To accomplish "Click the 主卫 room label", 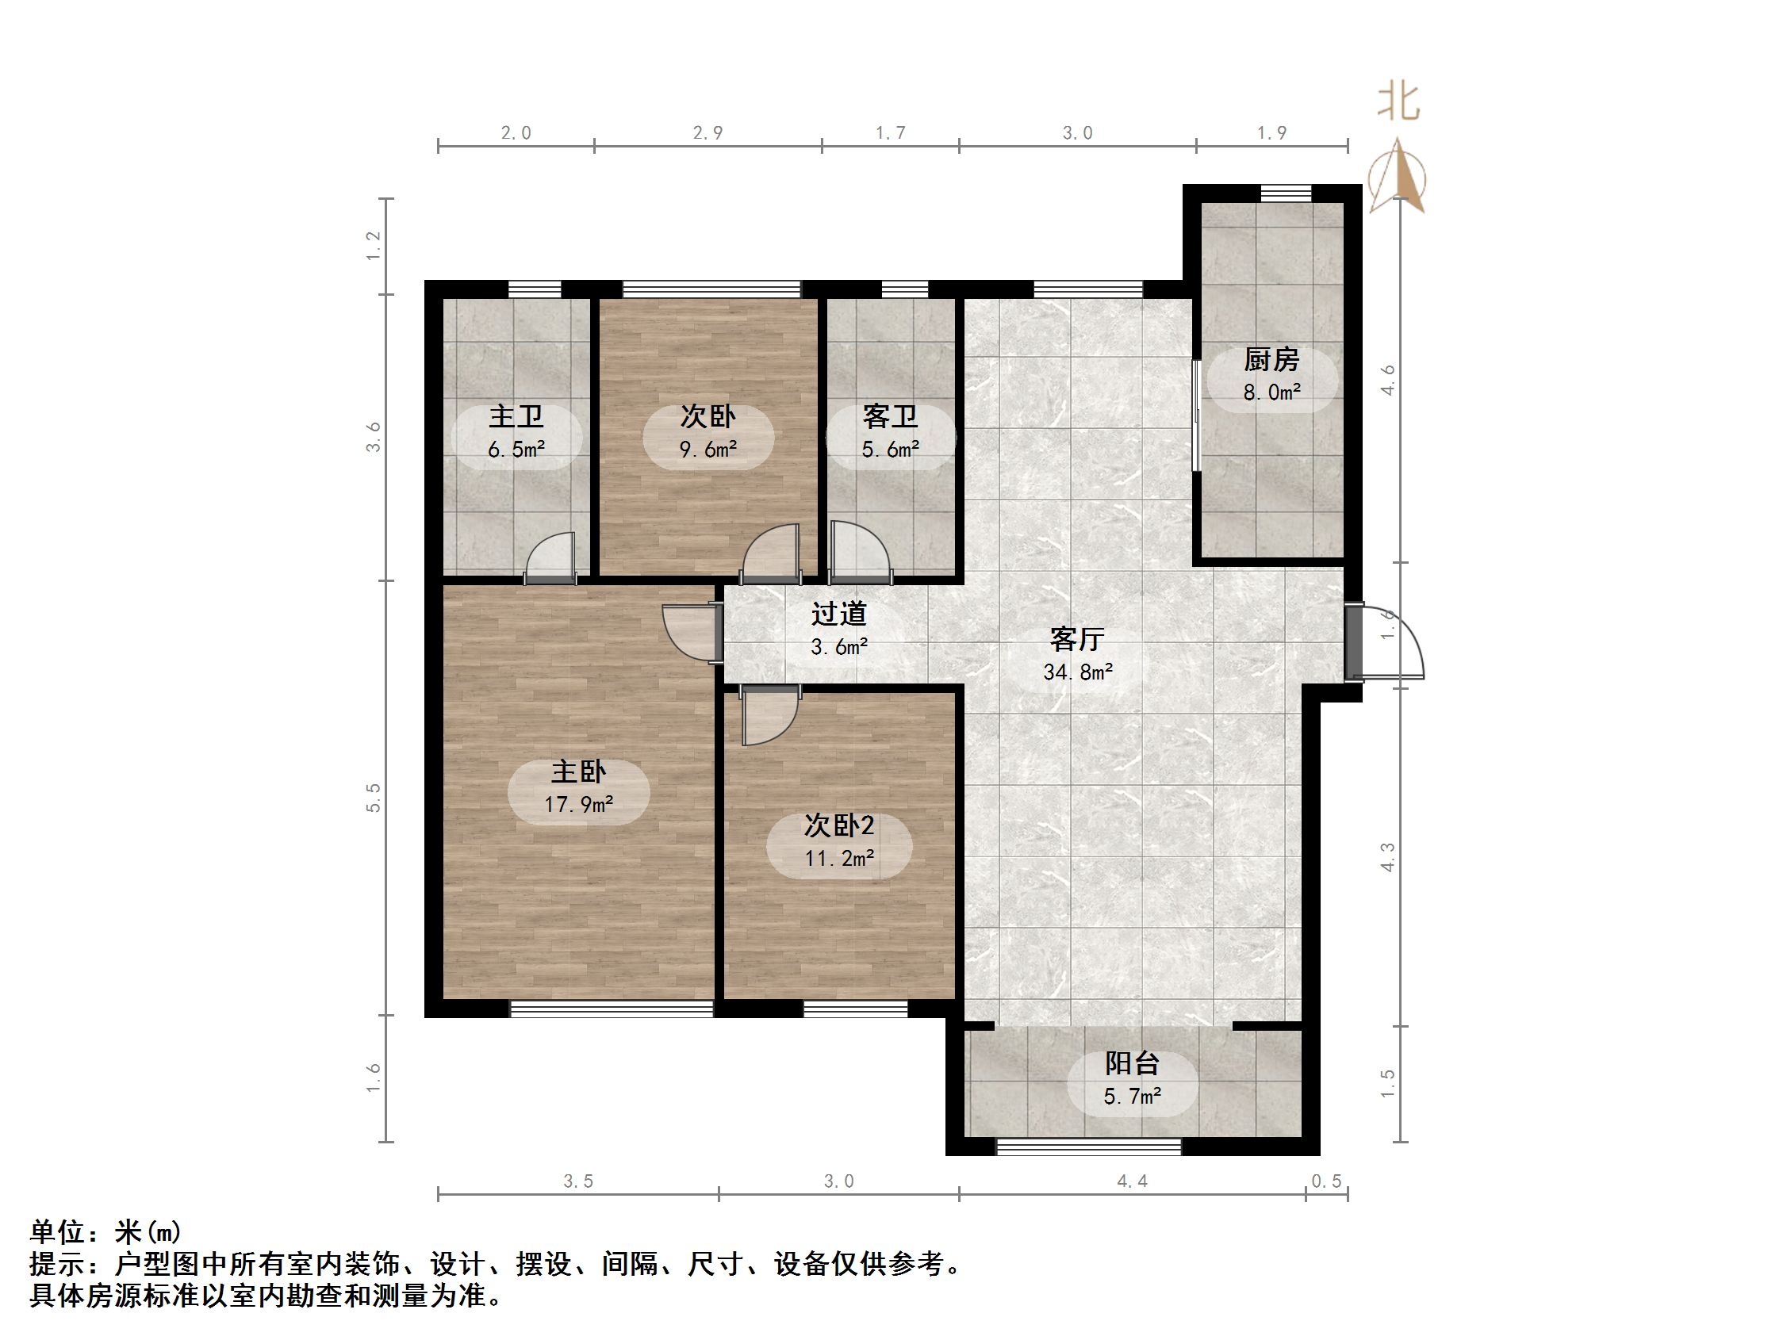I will click(x=516, y=418).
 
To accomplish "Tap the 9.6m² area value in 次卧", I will click(x=708, y=450).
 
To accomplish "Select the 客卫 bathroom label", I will click(x=890, y=418).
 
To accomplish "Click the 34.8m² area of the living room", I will click(x=1078, y=673).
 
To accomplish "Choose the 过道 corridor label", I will click(x=838, y=614).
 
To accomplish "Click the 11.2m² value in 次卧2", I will click(x=838, y=859).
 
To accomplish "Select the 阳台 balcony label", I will click(x=1132, y=1064).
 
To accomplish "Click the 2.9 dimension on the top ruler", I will click(x=708, y=133).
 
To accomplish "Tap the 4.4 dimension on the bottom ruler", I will click(x=1132, y=1181).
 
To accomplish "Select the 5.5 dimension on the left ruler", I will click(x=374, y=797).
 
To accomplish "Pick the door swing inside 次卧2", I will click(x=769, y=716).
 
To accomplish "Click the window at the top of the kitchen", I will click(x=1287, y=193).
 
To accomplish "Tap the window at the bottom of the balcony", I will click(x=1088, y=1147).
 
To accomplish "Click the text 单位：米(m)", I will click(x=105, y=1231).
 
